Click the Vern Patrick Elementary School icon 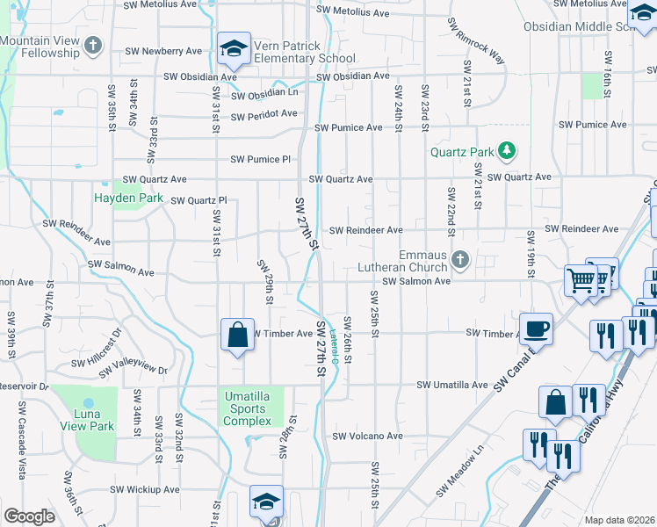pos(234,52)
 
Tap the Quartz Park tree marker pos(506,152)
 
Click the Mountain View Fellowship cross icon pos(95,45)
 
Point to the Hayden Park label pos(128,198)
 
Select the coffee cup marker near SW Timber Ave pos(536,329)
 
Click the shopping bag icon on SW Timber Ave pos(237,335)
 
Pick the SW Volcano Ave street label pos(367,436)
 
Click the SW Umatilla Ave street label pos(451,385)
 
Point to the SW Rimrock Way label pos(476,41)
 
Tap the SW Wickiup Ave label pos(144,489)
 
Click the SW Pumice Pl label pos(260,159)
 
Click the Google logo pos(29,516)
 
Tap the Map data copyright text pos(618,520)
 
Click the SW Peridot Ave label pos(264,114)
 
